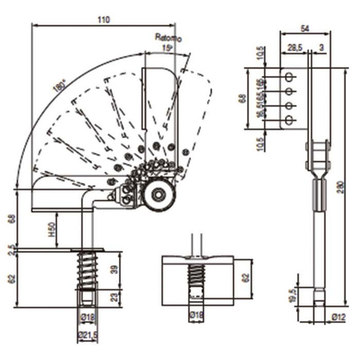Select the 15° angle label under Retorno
pos(166,47)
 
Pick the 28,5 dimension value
pos(294,48)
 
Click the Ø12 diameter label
pos(338,317)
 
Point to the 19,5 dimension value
pos(294,295)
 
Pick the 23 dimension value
pos(115,297)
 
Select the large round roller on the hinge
pos(158,195)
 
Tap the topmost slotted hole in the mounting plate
pos(290,77)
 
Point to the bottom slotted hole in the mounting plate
pos(290,120)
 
